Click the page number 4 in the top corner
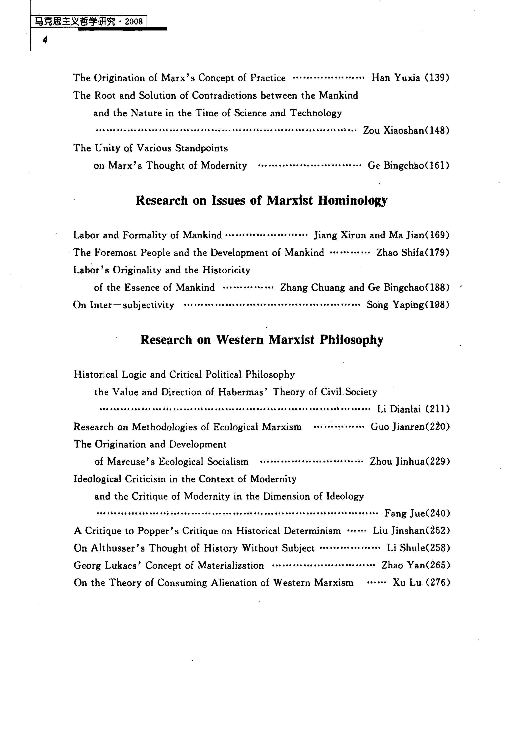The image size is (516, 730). tap(45, 40)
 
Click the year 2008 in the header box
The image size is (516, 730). tap(134, 22)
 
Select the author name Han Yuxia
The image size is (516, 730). tap(396, 78)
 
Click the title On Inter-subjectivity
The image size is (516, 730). tap(124, 305)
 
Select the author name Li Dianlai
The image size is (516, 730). tap(399, 409)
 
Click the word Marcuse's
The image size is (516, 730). tap(131, 462)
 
